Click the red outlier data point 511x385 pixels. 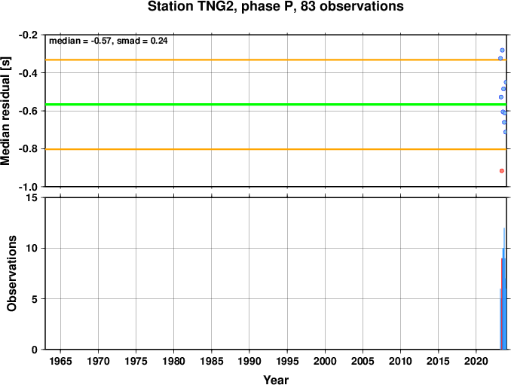pyautogui.click(x=501, y=171)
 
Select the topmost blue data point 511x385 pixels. pyautogui.click(x=502, y=50)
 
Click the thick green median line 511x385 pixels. pyautogui.click(x=276, y=104)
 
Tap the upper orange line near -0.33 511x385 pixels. pyautogui.click(x=276, y=60)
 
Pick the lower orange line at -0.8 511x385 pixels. pyautogui.click(x=276, y=149)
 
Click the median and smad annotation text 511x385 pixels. pyautogui.click(x=109, y=41)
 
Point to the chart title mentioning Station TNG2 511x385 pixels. pyautogui.click(x=275, y=6)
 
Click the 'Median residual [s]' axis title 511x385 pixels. pyautogui.click(x=5, y=111)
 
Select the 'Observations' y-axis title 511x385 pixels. pyautogui.click(x=12, y=273)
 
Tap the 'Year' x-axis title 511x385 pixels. pyautogui.click(x=276, y=380)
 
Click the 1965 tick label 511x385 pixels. pyautogui.click(x=60, y=361)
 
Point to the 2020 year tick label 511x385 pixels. pyautogui.click(x=476, y=361)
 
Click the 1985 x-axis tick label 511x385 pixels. pyautogui.click(x=212, y=361)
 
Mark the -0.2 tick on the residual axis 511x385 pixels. pyautogui.click(x=28, y=35)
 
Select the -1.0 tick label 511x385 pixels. pyautogui.click(x=28, y=187)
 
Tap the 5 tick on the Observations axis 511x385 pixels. pyautogui.click(x=35, y=299)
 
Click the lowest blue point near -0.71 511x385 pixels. pyautogui.click(x=505, y=132)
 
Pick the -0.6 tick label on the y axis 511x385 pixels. pyautogui.click(x=28, y=111)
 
